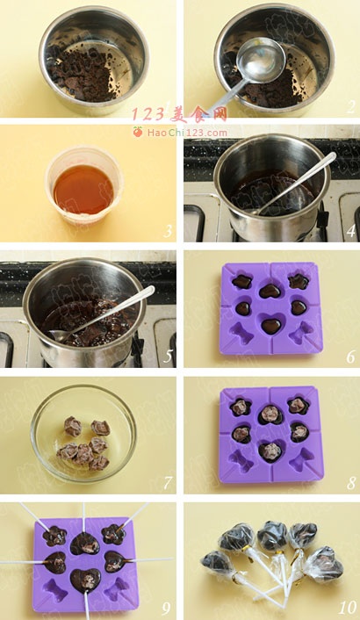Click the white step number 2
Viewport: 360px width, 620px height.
tap(351, 106)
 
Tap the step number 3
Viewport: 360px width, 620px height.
tap(168, 231)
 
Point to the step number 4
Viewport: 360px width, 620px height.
tap(351, 231)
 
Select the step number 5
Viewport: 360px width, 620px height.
tap(168, 356)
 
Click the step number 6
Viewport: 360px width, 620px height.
tap(351, 357)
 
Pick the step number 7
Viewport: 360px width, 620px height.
tap(168, 482)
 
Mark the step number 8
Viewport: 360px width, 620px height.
tap(351, 482)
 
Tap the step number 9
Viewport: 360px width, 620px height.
tap(167, 608)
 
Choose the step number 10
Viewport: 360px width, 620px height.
tap(348, 608)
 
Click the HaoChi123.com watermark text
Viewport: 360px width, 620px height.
tap(187, 133)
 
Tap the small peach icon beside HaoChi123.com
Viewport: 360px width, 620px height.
tap(138, 132)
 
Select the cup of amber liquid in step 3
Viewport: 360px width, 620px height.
tap(84, 185)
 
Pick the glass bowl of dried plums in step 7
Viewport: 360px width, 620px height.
tap(83, 433)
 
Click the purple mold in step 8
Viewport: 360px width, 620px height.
tap(271, 435)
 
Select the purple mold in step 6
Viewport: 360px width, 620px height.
tap(271, 308)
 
